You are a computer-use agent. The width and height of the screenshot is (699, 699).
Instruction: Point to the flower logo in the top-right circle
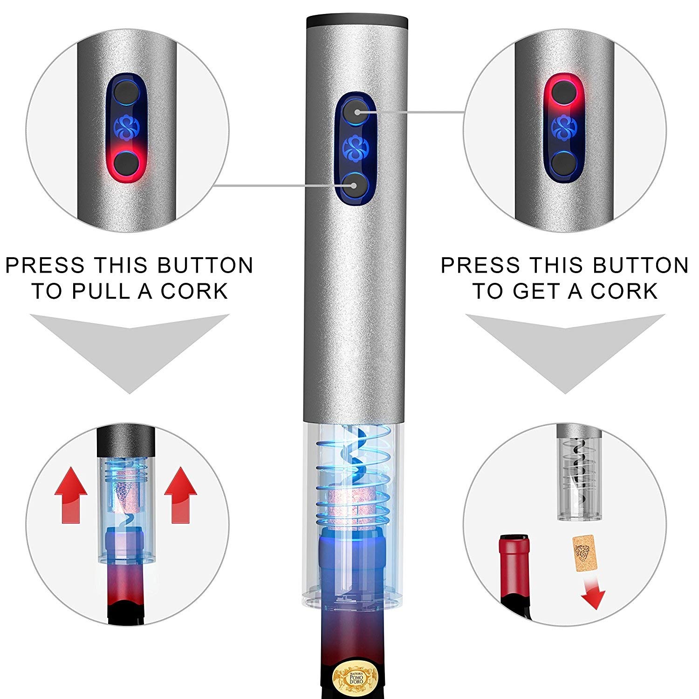[564, 126]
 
